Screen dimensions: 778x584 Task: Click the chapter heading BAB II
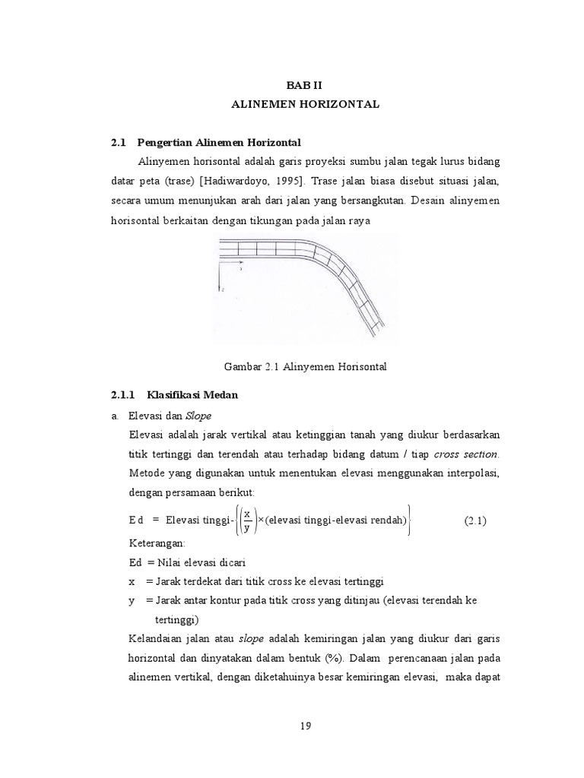pos(305,87)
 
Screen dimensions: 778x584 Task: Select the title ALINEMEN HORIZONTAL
pos(305,104)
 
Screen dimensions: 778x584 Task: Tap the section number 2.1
pos(116,142)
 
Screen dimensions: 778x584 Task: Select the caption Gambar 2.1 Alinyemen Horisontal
pos(305,366)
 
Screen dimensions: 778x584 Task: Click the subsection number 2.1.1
pos(122,394)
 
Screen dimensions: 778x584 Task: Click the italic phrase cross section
pos(466,454)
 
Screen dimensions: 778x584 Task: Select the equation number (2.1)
pos(474,520)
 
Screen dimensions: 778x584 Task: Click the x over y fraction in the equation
pos(247,520)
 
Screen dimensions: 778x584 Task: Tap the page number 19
pos(305,725)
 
